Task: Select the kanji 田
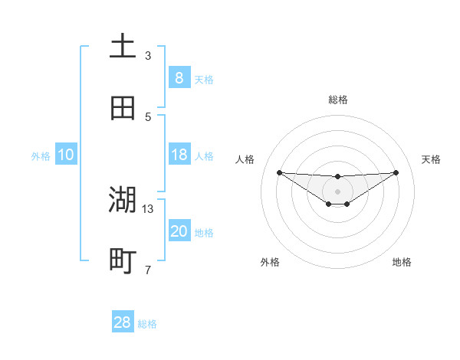point(123,109)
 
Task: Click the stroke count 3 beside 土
point(148,55)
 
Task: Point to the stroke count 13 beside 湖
point(148,208)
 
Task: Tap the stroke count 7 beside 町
point(148,270)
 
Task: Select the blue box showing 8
point(179,78)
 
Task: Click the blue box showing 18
point(179,155)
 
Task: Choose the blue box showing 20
point(179,231)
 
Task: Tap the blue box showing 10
point(65,155)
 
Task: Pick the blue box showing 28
point(123,322)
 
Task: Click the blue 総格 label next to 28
point(147,324)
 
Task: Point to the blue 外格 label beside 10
point(41,156)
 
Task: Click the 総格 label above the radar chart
point(337,100)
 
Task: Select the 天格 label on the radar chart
point(432,159)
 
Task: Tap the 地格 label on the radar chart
point(402,262)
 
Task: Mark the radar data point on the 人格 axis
point(279,172)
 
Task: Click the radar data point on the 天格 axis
point(396,172)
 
